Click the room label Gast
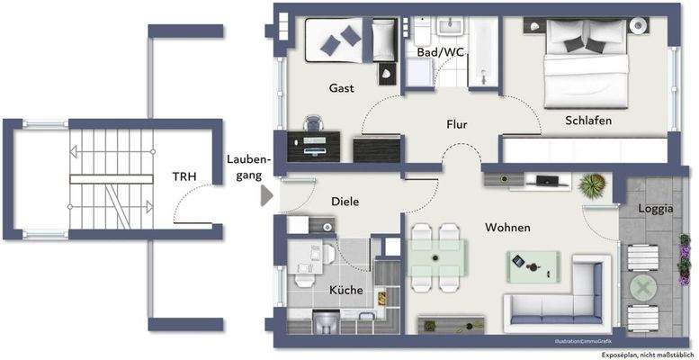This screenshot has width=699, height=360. pyautogui.click(x=341, y=88)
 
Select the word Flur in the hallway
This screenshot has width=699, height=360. pyautogui.click(x=458, y=124)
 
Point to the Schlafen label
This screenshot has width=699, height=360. pyautogui.click(x=588, y=120)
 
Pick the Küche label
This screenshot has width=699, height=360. pyautogui.click(x=345, y=290)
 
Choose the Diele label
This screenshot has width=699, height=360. pyautogui.click(x=345, y=202)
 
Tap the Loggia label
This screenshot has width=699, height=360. pyautogui.click(x=654, y=209)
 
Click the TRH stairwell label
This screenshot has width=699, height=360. pyautogui.click(x=186, y=177)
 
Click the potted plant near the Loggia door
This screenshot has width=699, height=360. pyautogui.click(x=591, y=187)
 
